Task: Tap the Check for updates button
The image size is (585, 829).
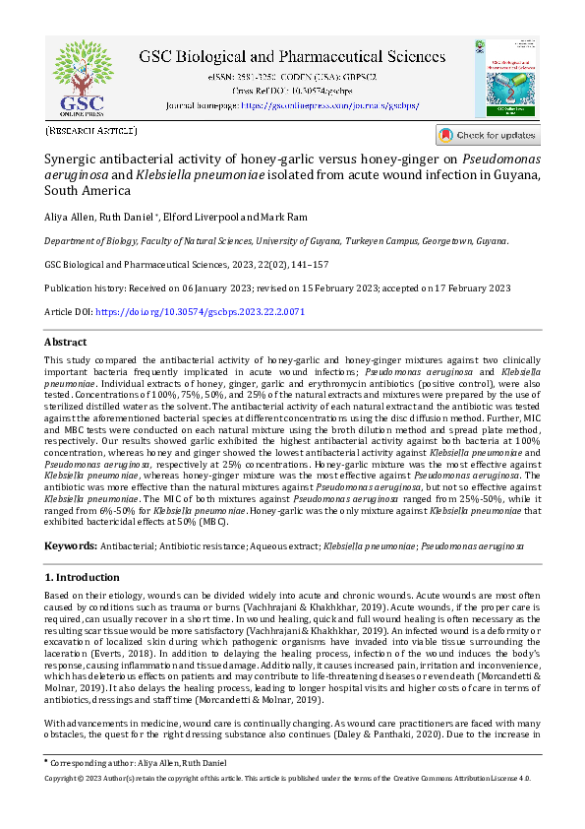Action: point(488,135)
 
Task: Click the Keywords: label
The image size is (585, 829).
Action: point(70,544)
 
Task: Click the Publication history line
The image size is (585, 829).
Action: point(277,287)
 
